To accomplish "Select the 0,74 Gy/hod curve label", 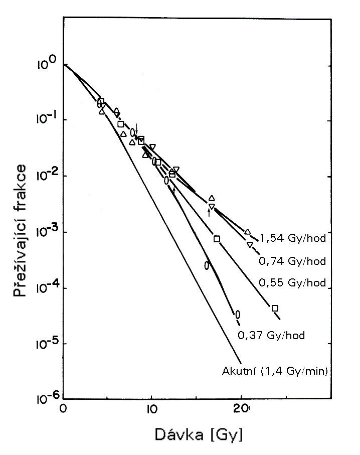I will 293,261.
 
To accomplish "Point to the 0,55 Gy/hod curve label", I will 293,283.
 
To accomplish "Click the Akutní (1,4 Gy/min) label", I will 275,372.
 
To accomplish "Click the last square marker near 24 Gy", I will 275,308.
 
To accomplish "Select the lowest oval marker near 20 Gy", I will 238,315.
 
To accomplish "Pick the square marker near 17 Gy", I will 217,239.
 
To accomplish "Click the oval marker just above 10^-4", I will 207,265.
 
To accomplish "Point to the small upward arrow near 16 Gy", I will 209,212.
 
